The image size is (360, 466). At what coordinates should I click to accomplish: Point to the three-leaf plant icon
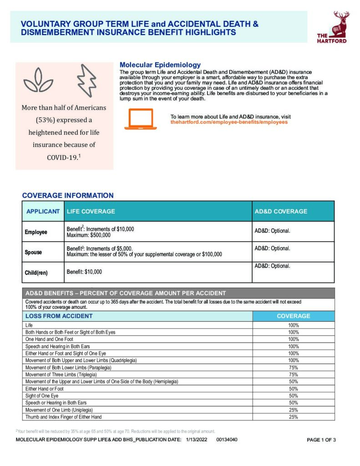click(x=39, y=81)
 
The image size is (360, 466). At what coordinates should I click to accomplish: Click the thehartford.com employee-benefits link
click(x=229, y=122)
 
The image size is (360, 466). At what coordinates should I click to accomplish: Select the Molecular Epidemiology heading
click(x=160, y=65)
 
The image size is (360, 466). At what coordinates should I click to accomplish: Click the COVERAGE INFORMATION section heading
click(x=68, y=196)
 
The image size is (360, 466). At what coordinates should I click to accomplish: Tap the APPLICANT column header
click(x=43, y=212)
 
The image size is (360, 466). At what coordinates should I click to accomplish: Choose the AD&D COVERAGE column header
click(x=281, y=212)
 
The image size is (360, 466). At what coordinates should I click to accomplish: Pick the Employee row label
click(x=36, y=232)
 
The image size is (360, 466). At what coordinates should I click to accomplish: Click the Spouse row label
click(x=33, y=252)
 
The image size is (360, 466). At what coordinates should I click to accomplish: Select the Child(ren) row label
click(x=36, y=273)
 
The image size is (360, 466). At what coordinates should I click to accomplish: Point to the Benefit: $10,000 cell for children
click(x=84, y=272)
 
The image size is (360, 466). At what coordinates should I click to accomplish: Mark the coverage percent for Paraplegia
click(x=293, y=367)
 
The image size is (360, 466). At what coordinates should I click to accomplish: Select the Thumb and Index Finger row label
click(x=64, y=417)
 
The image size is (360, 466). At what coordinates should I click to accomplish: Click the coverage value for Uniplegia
click(x=293, y=410)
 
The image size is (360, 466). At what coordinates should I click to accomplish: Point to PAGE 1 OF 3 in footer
click(x=321, y=440)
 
